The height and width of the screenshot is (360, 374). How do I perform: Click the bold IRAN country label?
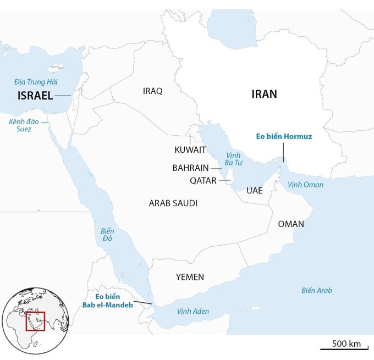pyautogui.click(x=264, y=94)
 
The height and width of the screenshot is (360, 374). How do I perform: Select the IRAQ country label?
pyautogui.click(x=152, y=91)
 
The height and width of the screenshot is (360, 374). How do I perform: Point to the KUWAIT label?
pyautogui.click(x=190, y=149)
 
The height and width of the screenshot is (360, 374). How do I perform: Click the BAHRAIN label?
pyautogui.click(x=190, y=168)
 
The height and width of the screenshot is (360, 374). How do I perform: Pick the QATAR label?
pyautogui.click(x=203, y=180)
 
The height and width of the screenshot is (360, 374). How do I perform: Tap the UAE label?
pyautogui.click(x=255, y=191)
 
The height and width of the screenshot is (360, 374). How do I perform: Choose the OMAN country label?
pyautogui.click(x=291, y=224)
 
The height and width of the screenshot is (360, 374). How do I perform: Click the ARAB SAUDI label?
pyautogui.click(x=173, y=203)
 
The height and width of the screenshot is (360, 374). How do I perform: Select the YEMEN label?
pyautogui.click(x=190, y=276)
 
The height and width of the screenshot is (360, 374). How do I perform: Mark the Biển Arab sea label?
pyautogui.click(x=317, y=290)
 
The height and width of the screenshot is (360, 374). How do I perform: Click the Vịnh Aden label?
pyautogui.click(x=193, y=311)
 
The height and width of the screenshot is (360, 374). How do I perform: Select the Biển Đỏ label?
pyautogui.click(x=108, y=235)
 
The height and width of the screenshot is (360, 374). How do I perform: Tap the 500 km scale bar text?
pyautogui.click(x=346, y=344)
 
